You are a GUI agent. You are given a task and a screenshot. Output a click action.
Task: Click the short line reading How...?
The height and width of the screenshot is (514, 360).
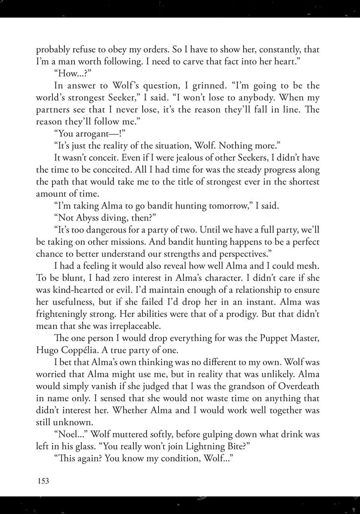tap(70, 75)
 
